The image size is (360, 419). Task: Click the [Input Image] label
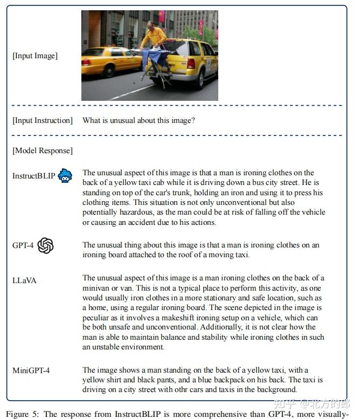[34, 56]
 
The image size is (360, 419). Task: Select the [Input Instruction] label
[42, 120]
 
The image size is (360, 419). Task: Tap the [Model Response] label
[42, 150]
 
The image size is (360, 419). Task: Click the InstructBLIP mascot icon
[65, 176]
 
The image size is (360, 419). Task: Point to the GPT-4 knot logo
[46, 246]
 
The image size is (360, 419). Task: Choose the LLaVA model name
[24, 280]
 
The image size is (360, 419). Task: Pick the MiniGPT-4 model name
[32, 370]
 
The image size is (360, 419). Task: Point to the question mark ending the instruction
[193, 120]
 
